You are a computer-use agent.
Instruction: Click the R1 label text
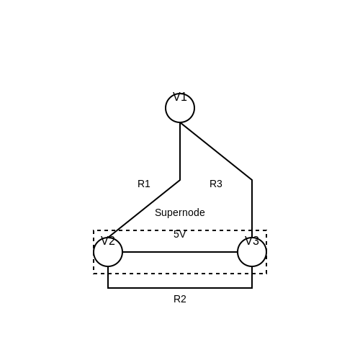(144, 184)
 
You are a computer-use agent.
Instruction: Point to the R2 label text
(180, 299)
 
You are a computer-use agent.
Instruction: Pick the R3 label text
(216, 184)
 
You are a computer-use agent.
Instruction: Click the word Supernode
(180, 212)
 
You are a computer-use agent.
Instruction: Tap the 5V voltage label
(180, 234)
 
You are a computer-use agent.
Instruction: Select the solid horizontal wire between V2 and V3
(180, 252)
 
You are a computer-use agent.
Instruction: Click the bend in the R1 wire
(180, 180)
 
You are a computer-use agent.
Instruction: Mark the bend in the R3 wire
(252, 180)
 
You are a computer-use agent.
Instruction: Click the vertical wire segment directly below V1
(180, 151)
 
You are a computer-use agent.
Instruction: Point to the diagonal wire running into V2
(144, 209)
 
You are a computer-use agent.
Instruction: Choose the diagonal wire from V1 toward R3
(216, 151)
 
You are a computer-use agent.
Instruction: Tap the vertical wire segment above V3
(252, 209)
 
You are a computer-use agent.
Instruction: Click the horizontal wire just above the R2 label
(180, 288)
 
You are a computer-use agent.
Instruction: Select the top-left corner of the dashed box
(94, 230)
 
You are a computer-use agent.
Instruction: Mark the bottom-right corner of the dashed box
(266, 274)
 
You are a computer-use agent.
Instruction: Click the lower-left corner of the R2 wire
(108, 288)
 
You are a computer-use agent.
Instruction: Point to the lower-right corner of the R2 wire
(252, 288)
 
